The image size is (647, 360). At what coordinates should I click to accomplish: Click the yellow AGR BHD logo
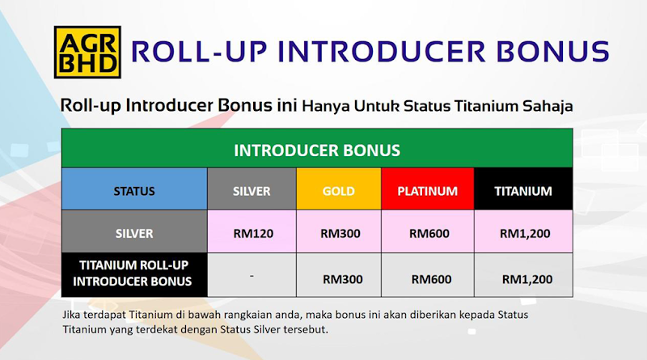coord(87,52)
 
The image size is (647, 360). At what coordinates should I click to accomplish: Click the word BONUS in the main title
coord(552,52)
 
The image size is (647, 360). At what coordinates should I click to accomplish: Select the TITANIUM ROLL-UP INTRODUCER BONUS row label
coord(134,274)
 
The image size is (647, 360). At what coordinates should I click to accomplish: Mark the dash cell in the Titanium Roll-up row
coord(252,275)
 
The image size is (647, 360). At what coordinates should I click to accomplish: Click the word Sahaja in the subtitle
coord(548,107)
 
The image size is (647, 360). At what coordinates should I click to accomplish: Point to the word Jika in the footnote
coord(71,315)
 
